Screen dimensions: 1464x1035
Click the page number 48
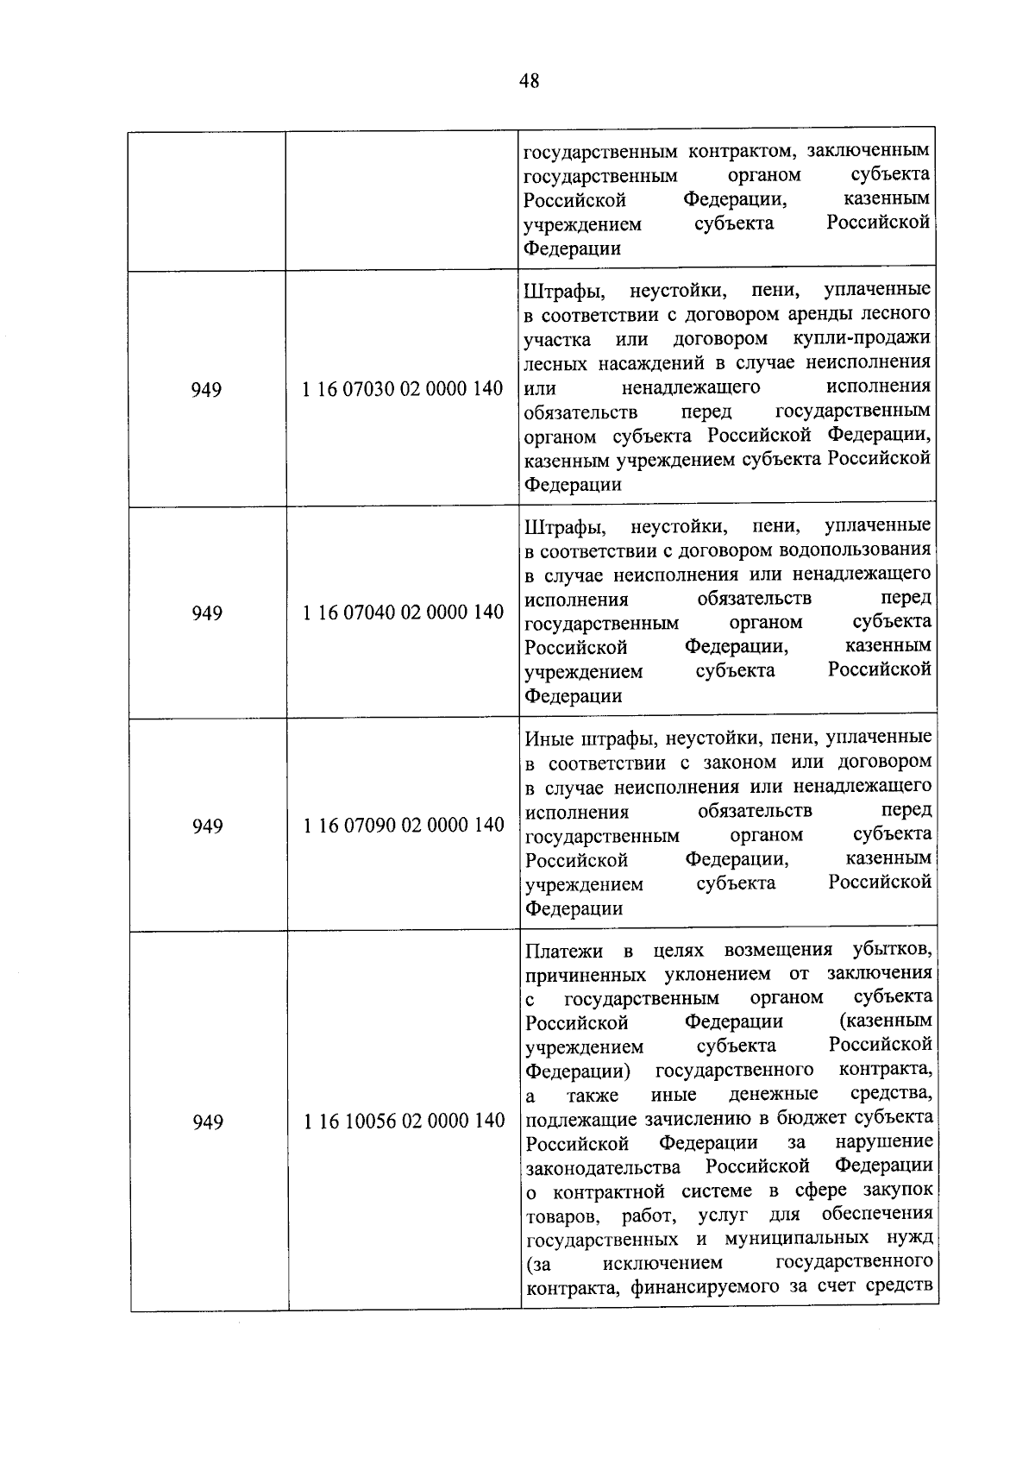(530, 81)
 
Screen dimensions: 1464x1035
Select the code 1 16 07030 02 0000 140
(403, 389)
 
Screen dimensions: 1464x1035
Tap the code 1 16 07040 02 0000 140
(403, 613)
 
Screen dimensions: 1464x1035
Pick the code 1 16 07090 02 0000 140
(403, 826)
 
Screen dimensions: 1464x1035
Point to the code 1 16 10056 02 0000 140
(404, 1121)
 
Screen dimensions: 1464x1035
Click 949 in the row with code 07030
(207, 390)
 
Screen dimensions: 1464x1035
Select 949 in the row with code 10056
(208, 1122)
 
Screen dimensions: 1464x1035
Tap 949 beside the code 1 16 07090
(208, 826)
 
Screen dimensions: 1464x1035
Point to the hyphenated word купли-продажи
(862, 337)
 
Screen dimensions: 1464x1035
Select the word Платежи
(564, 951)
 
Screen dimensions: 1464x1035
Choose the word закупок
(897, 1191)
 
